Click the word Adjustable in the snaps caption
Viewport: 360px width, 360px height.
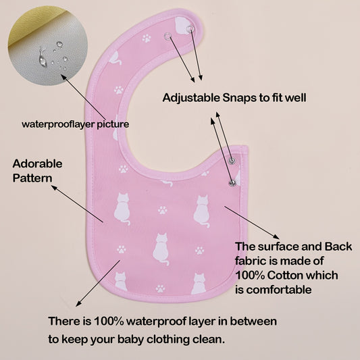tap(191, 98)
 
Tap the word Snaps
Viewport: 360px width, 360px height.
tap(240, 98)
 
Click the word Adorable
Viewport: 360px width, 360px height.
tap(37, 163)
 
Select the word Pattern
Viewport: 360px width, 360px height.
tap(32, 178)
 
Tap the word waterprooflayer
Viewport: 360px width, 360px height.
tap(58, 124)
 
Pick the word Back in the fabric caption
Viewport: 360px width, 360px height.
tap(338, 247)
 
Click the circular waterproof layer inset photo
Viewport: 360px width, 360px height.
tap(48, 46)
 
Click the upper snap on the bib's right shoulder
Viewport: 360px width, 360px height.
tap(232, 160)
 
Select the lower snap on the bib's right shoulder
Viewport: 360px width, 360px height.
tap(232, 183)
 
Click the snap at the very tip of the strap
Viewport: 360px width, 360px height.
tap(190, 28)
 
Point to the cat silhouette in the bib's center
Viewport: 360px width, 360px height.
tap(161, 249)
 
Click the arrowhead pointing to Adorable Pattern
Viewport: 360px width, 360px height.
tap(54, 188)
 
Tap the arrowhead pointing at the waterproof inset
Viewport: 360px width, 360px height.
tap(64, 77)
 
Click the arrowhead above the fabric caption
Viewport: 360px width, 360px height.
tap(276, 237)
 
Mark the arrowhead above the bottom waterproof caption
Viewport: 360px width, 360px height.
tap(79, 303)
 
